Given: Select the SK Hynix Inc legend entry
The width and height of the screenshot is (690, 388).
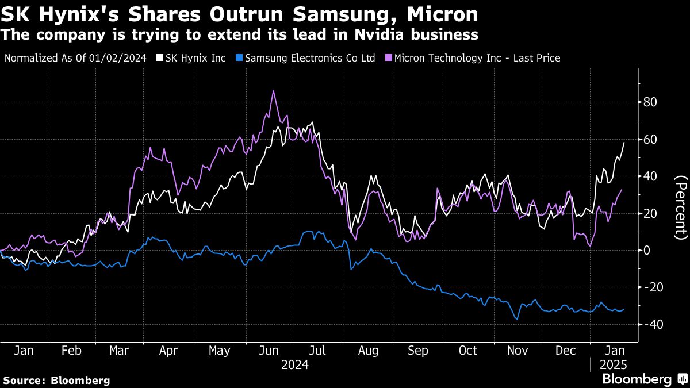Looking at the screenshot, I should coord(195,58).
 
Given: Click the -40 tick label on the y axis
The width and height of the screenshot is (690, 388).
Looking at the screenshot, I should coord(651,324).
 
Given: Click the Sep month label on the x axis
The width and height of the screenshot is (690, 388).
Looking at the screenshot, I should coord(419,351).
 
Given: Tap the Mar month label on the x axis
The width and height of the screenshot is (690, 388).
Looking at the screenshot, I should coord(120,351).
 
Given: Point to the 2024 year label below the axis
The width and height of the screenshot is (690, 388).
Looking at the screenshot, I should coord(294,365).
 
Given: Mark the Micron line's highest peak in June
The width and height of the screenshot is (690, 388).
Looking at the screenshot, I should coord(273,91).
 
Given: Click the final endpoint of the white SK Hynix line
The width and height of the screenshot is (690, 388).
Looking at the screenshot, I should coord(624,143).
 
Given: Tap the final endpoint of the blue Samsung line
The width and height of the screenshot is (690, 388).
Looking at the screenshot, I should coord(624,309).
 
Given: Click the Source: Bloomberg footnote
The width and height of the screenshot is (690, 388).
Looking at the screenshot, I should coord(56,380).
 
